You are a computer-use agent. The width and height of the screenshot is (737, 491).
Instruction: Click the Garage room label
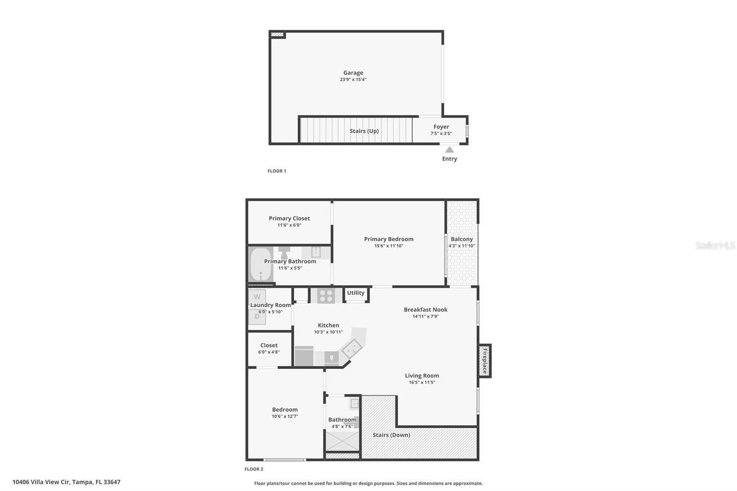coord(353,73)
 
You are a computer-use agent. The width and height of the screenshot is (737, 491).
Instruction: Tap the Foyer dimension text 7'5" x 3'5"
coord(441,134)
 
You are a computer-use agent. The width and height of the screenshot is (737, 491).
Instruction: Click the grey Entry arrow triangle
coord(450,150)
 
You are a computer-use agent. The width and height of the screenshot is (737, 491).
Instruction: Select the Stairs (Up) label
coord(364,131)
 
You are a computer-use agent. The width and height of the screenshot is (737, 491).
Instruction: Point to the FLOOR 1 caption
coord(277,171)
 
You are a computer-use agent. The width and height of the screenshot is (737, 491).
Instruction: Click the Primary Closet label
coord(289,218)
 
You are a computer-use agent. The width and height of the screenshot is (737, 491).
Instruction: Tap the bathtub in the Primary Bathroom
coord(260,265)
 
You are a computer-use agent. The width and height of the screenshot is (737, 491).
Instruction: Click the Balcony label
coord(462,239)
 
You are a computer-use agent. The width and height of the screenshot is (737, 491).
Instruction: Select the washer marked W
coord(257,297)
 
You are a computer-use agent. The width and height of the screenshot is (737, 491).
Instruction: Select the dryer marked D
coord(257,317)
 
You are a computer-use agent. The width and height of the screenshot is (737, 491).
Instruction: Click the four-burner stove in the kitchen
coord(326,296)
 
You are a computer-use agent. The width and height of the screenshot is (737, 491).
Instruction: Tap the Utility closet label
coord(356,293)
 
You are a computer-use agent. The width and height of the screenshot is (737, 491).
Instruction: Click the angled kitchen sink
coord(351,348)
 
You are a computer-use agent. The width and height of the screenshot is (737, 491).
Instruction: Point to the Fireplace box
coord(485,361)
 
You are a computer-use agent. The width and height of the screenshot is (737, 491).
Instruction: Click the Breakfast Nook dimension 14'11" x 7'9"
coord(425,316)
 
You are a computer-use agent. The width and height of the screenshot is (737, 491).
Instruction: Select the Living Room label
coord(422,375)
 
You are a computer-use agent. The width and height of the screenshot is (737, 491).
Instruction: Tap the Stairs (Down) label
coord(391,435)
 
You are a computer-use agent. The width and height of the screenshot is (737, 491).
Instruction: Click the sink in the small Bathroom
coord(354,404)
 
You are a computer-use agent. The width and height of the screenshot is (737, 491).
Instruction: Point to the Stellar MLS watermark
coord(715,245)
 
